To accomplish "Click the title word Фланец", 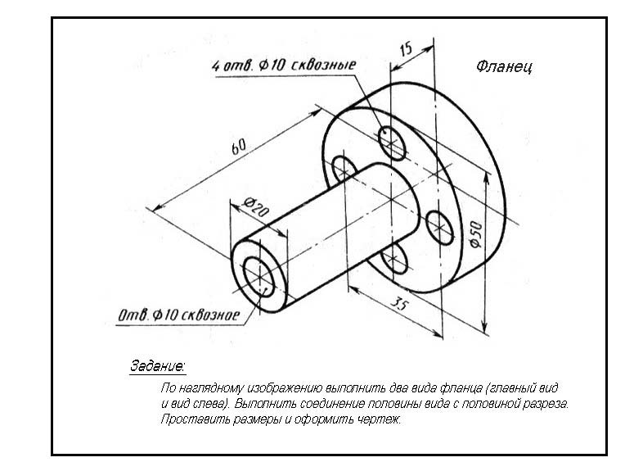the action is [x=504, y=66].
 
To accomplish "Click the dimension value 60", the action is [x=239, y=147].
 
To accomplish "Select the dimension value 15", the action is [x=406, y=49].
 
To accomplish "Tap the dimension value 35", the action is [x=399, y=304].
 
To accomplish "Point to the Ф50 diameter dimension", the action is [x=476, y=235].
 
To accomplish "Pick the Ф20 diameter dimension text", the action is [x=256, y=206].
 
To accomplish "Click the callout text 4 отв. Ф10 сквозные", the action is [x=283, y=65].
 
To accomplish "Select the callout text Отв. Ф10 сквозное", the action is [x=178, y=315].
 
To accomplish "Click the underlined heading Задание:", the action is [x=157, y=365].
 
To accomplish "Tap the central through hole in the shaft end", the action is [x=259, y=278].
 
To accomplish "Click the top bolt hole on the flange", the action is [x=392, y=143].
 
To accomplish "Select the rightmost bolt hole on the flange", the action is [x=439, y=228].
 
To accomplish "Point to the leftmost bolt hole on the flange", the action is [x=343, y=169].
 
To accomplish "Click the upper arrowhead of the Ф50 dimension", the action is [x=486, y=177].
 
